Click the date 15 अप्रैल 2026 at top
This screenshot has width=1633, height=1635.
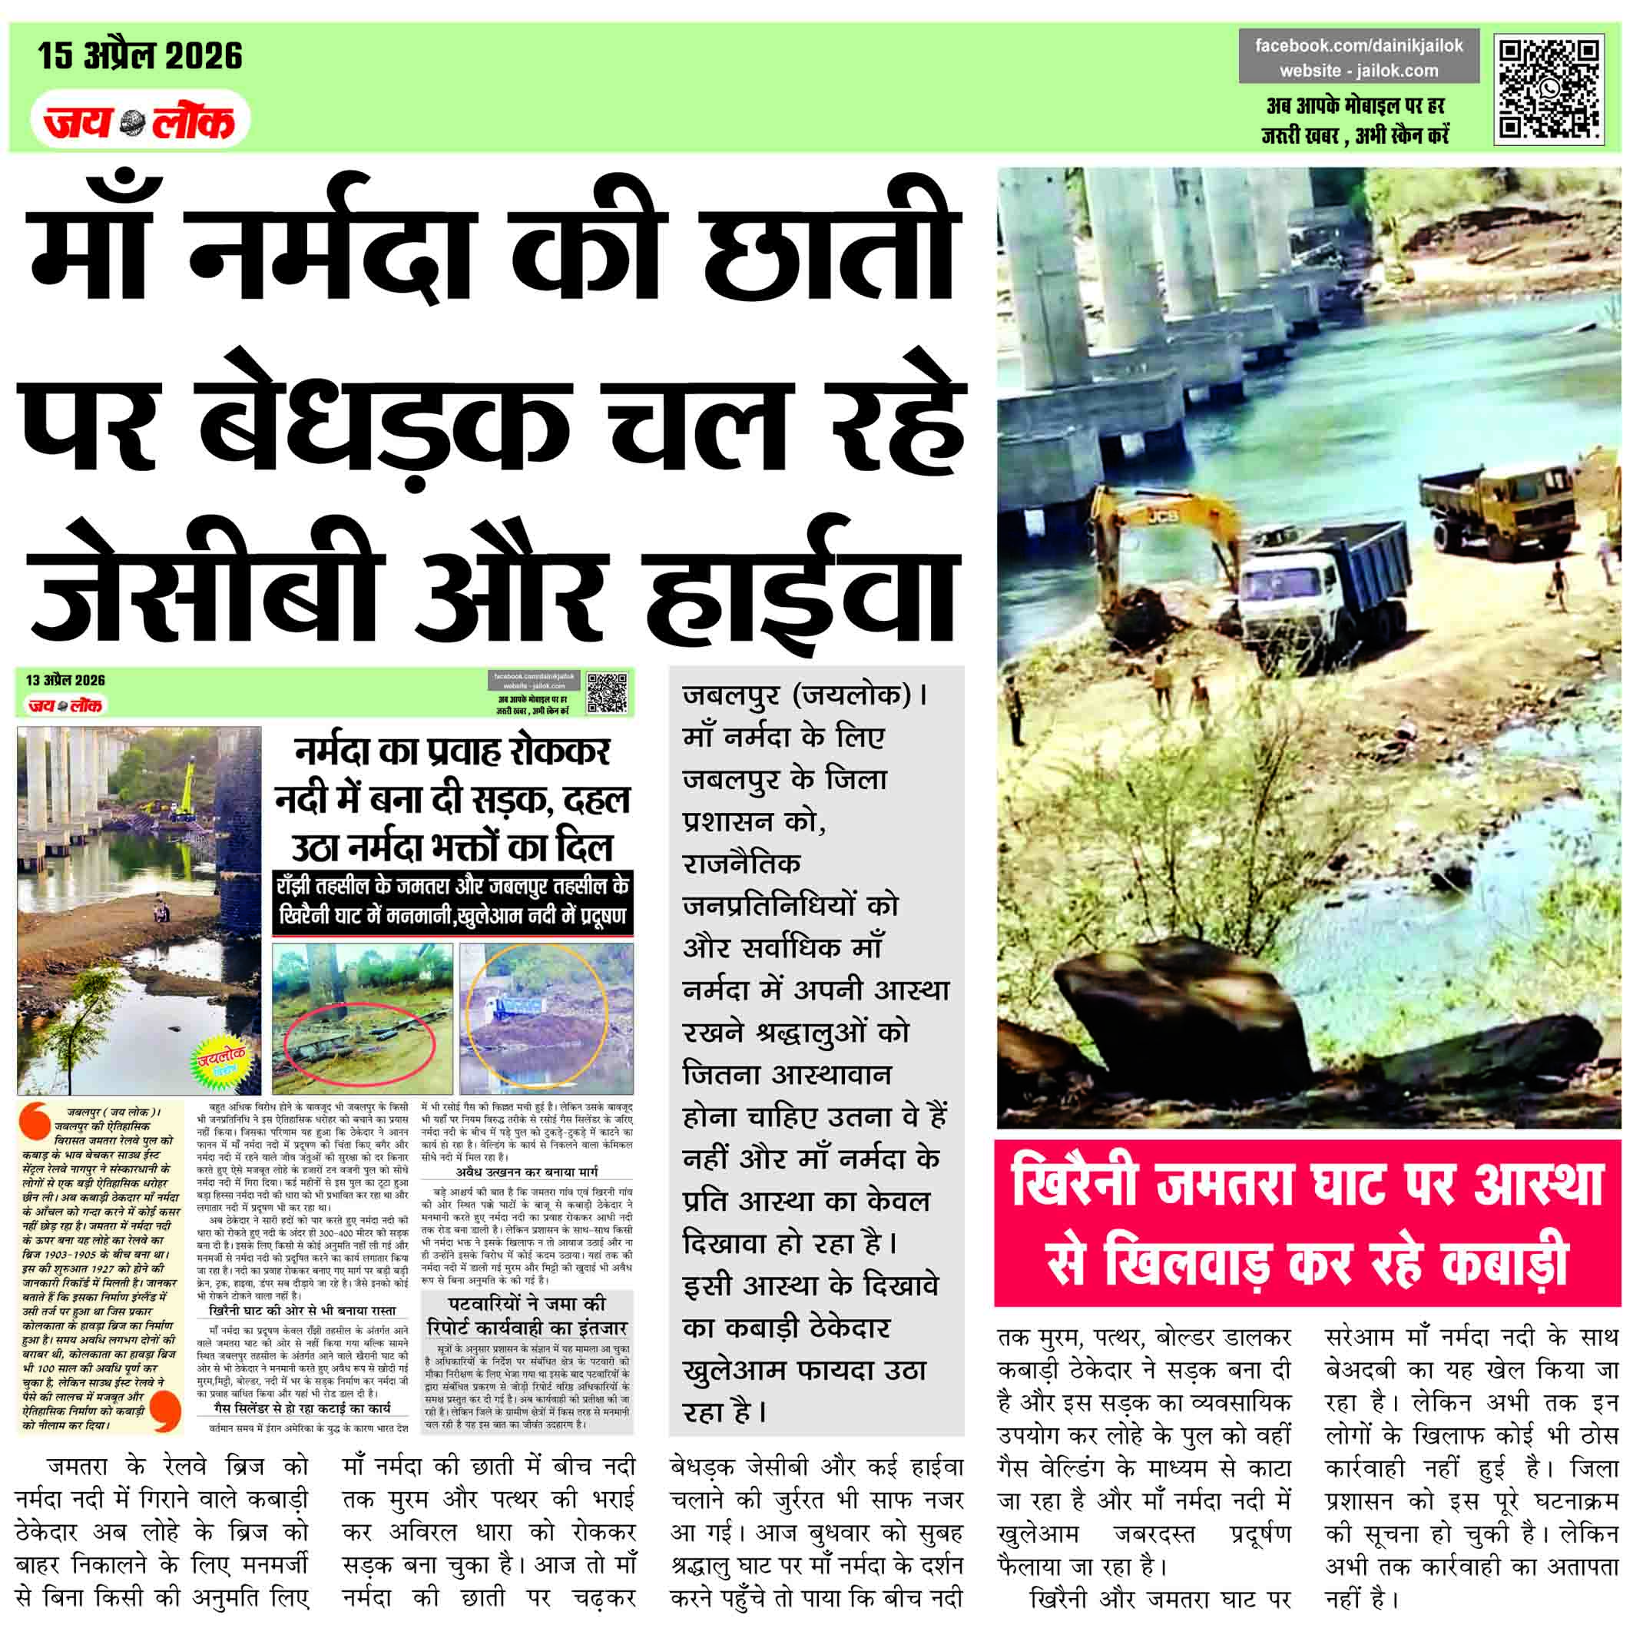point(140,56)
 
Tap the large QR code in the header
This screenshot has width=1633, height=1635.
point(1548,89)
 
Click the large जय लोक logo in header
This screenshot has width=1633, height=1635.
point(141,122)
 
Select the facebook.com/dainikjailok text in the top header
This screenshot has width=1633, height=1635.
point(1358,45)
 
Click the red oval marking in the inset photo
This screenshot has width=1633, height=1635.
point(359,1046)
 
